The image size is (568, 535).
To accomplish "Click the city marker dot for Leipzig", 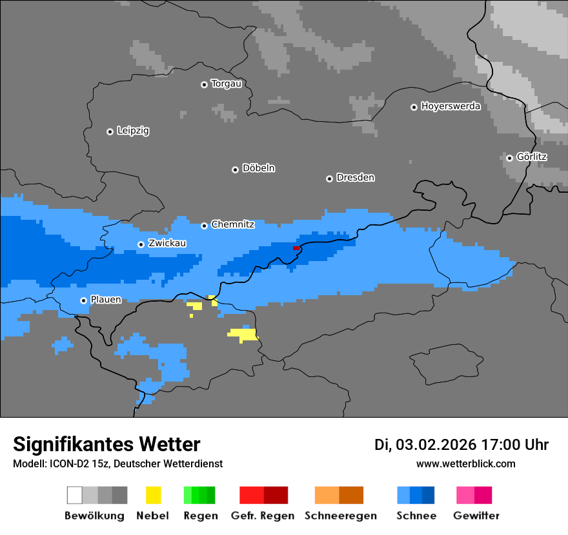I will coord(110,131).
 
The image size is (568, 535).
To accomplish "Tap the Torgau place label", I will coord(226,84).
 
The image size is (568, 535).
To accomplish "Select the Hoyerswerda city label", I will coord(451,106).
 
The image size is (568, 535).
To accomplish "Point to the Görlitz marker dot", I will coord(509,158).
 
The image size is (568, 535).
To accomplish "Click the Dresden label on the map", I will coord(355,178).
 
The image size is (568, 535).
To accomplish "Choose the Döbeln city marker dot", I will coord(235,170).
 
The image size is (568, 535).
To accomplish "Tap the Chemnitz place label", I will coord(232,225).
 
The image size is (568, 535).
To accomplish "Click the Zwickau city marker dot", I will coord(141,244).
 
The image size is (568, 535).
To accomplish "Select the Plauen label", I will coord(105,300).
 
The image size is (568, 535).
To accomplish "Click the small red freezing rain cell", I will coord(296,248).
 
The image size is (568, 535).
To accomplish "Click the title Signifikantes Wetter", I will coord(107,445).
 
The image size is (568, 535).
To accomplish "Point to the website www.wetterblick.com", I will coord(465,464).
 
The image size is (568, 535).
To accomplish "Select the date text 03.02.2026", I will coord(436,445).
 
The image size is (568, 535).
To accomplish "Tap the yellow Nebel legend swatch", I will coord(153,495).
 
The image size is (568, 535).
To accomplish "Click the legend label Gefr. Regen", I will coord(263,516).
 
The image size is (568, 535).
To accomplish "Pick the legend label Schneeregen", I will coord(340,516).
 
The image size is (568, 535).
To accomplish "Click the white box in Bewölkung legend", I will coord(75,495).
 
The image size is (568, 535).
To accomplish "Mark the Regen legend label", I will coord(199,516).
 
